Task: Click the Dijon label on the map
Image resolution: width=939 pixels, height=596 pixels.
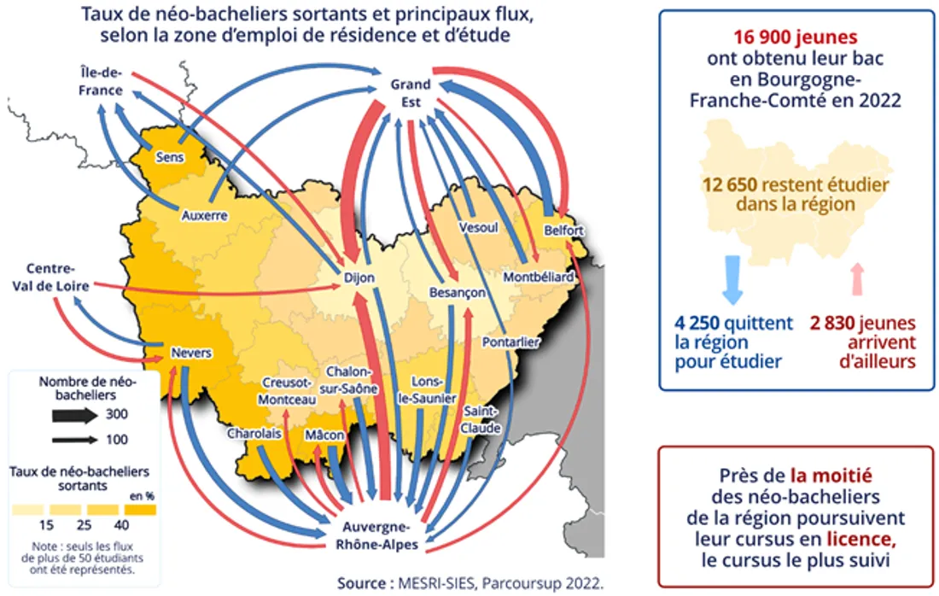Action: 353,278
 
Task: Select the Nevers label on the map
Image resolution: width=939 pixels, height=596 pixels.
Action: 191,354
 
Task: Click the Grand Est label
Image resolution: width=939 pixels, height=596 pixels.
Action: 411,92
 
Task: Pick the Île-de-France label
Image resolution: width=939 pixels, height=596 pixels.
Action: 96,82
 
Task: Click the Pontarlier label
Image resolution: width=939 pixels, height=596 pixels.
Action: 510,342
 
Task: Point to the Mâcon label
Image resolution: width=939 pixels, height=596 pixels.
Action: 324,435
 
